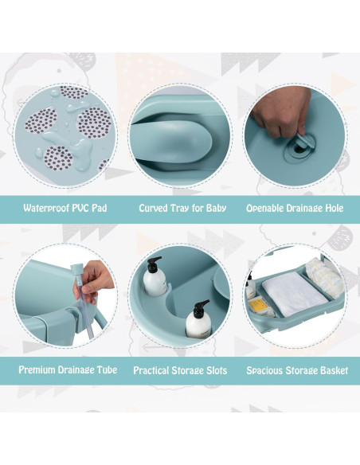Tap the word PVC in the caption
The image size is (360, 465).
(83, 208)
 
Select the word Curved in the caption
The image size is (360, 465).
(154, 208)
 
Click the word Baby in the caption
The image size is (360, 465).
(213, 208)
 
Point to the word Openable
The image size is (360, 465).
(269, 208)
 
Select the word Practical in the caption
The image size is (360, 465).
(155, 370)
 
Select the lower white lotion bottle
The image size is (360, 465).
(197, 322)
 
